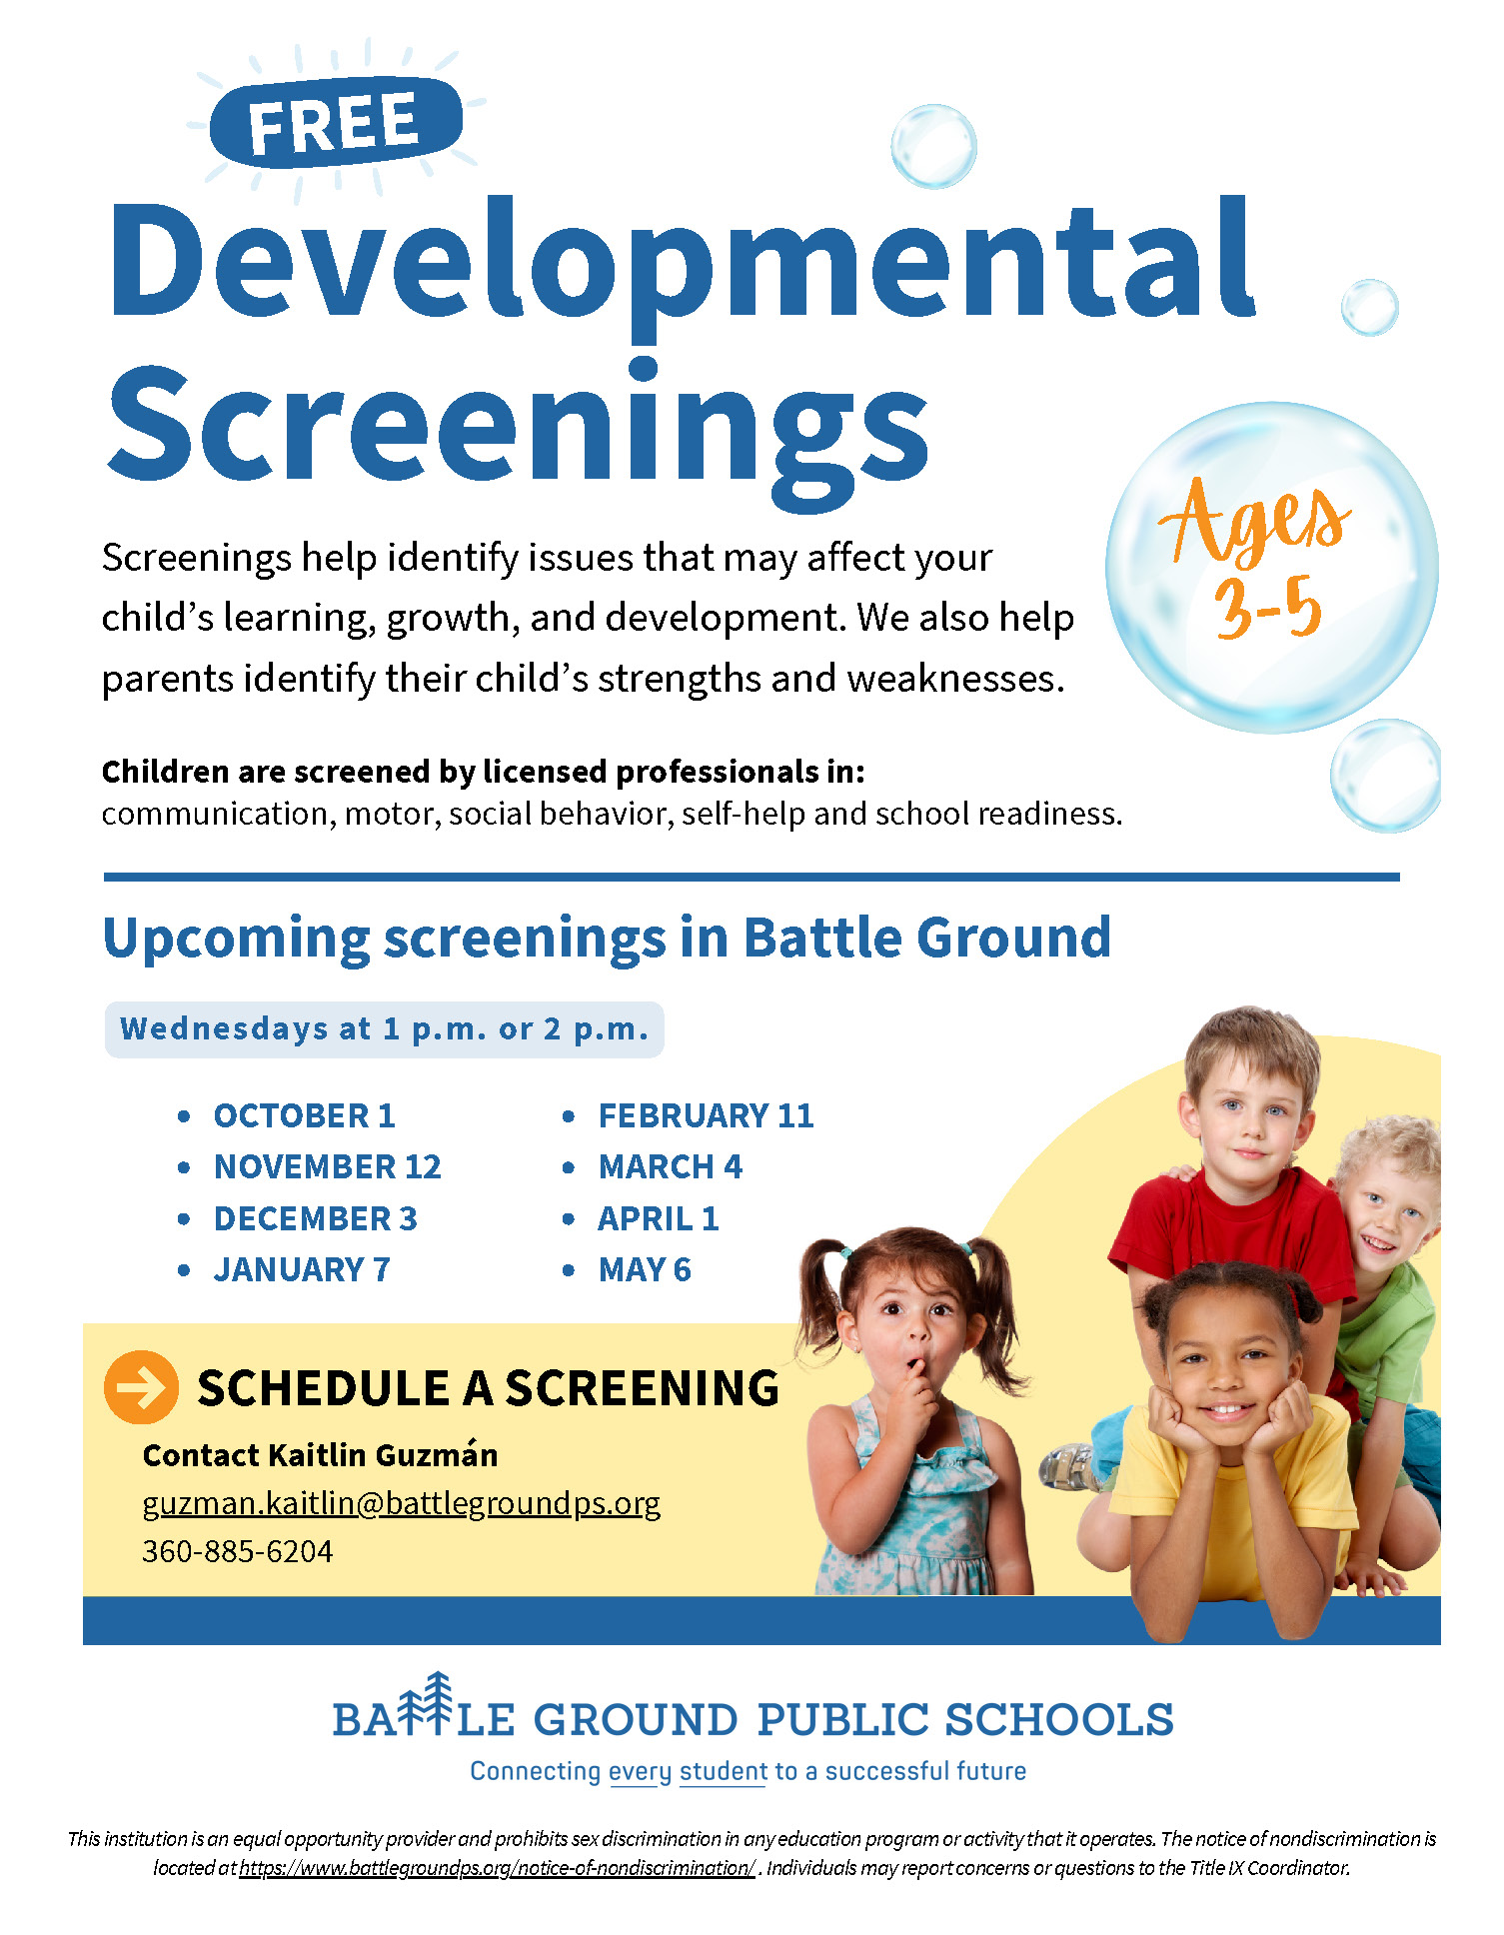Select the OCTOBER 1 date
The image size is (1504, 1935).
[305, 1115]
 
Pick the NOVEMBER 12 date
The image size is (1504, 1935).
[328, 1166]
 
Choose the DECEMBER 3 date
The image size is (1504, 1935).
[316, 1218]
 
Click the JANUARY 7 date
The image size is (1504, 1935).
[302, 1269]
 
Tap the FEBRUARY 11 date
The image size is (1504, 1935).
[707, 1115]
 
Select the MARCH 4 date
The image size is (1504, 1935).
[671, 1166]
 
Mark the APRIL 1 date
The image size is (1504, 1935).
[659, 1218]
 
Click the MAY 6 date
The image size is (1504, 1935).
[645, 1269]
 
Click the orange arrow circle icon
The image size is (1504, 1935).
[141, 1387]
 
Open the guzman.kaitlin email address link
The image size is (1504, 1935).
[402, 1504]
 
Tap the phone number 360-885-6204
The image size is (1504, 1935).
[238, 1551]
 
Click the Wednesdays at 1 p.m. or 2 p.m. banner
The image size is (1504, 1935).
[385, 1029]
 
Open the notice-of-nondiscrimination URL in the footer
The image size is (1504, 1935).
[497, 1867]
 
